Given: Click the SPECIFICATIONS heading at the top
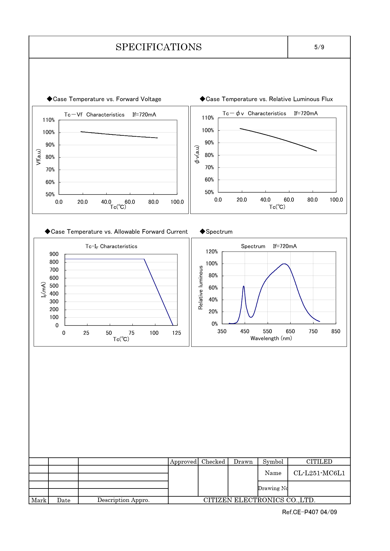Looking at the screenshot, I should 159,47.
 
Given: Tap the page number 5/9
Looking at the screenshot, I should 319,47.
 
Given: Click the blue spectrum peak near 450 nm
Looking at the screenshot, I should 243,286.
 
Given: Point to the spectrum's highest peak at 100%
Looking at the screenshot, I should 284,264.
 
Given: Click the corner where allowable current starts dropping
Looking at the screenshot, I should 144,259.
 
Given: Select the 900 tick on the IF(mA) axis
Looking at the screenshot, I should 54,254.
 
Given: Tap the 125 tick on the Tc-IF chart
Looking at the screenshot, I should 176,333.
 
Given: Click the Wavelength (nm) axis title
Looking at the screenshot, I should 271,338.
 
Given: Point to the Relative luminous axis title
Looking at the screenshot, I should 201,287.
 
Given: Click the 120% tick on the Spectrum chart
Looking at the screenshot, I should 212,252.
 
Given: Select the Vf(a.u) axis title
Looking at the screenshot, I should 38,157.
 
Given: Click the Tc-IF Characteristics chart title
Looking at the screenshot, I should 111,246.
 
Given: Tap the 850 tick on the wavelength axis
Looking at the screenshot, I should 336,331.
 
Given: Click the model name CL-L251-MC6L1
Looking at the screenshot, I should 319,473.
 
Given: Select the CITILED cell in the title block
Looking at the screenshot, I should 319,461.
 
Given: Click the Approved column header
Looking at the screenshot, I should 183,461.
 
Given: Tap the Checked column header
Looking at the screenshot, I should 213,461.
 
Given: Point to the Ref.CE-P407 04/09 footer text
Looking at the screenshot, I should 309,512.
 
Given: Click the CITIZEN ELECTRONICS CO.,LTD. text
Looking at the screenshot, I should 259,500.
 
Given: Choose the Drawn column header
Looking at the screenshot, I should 243,461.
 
